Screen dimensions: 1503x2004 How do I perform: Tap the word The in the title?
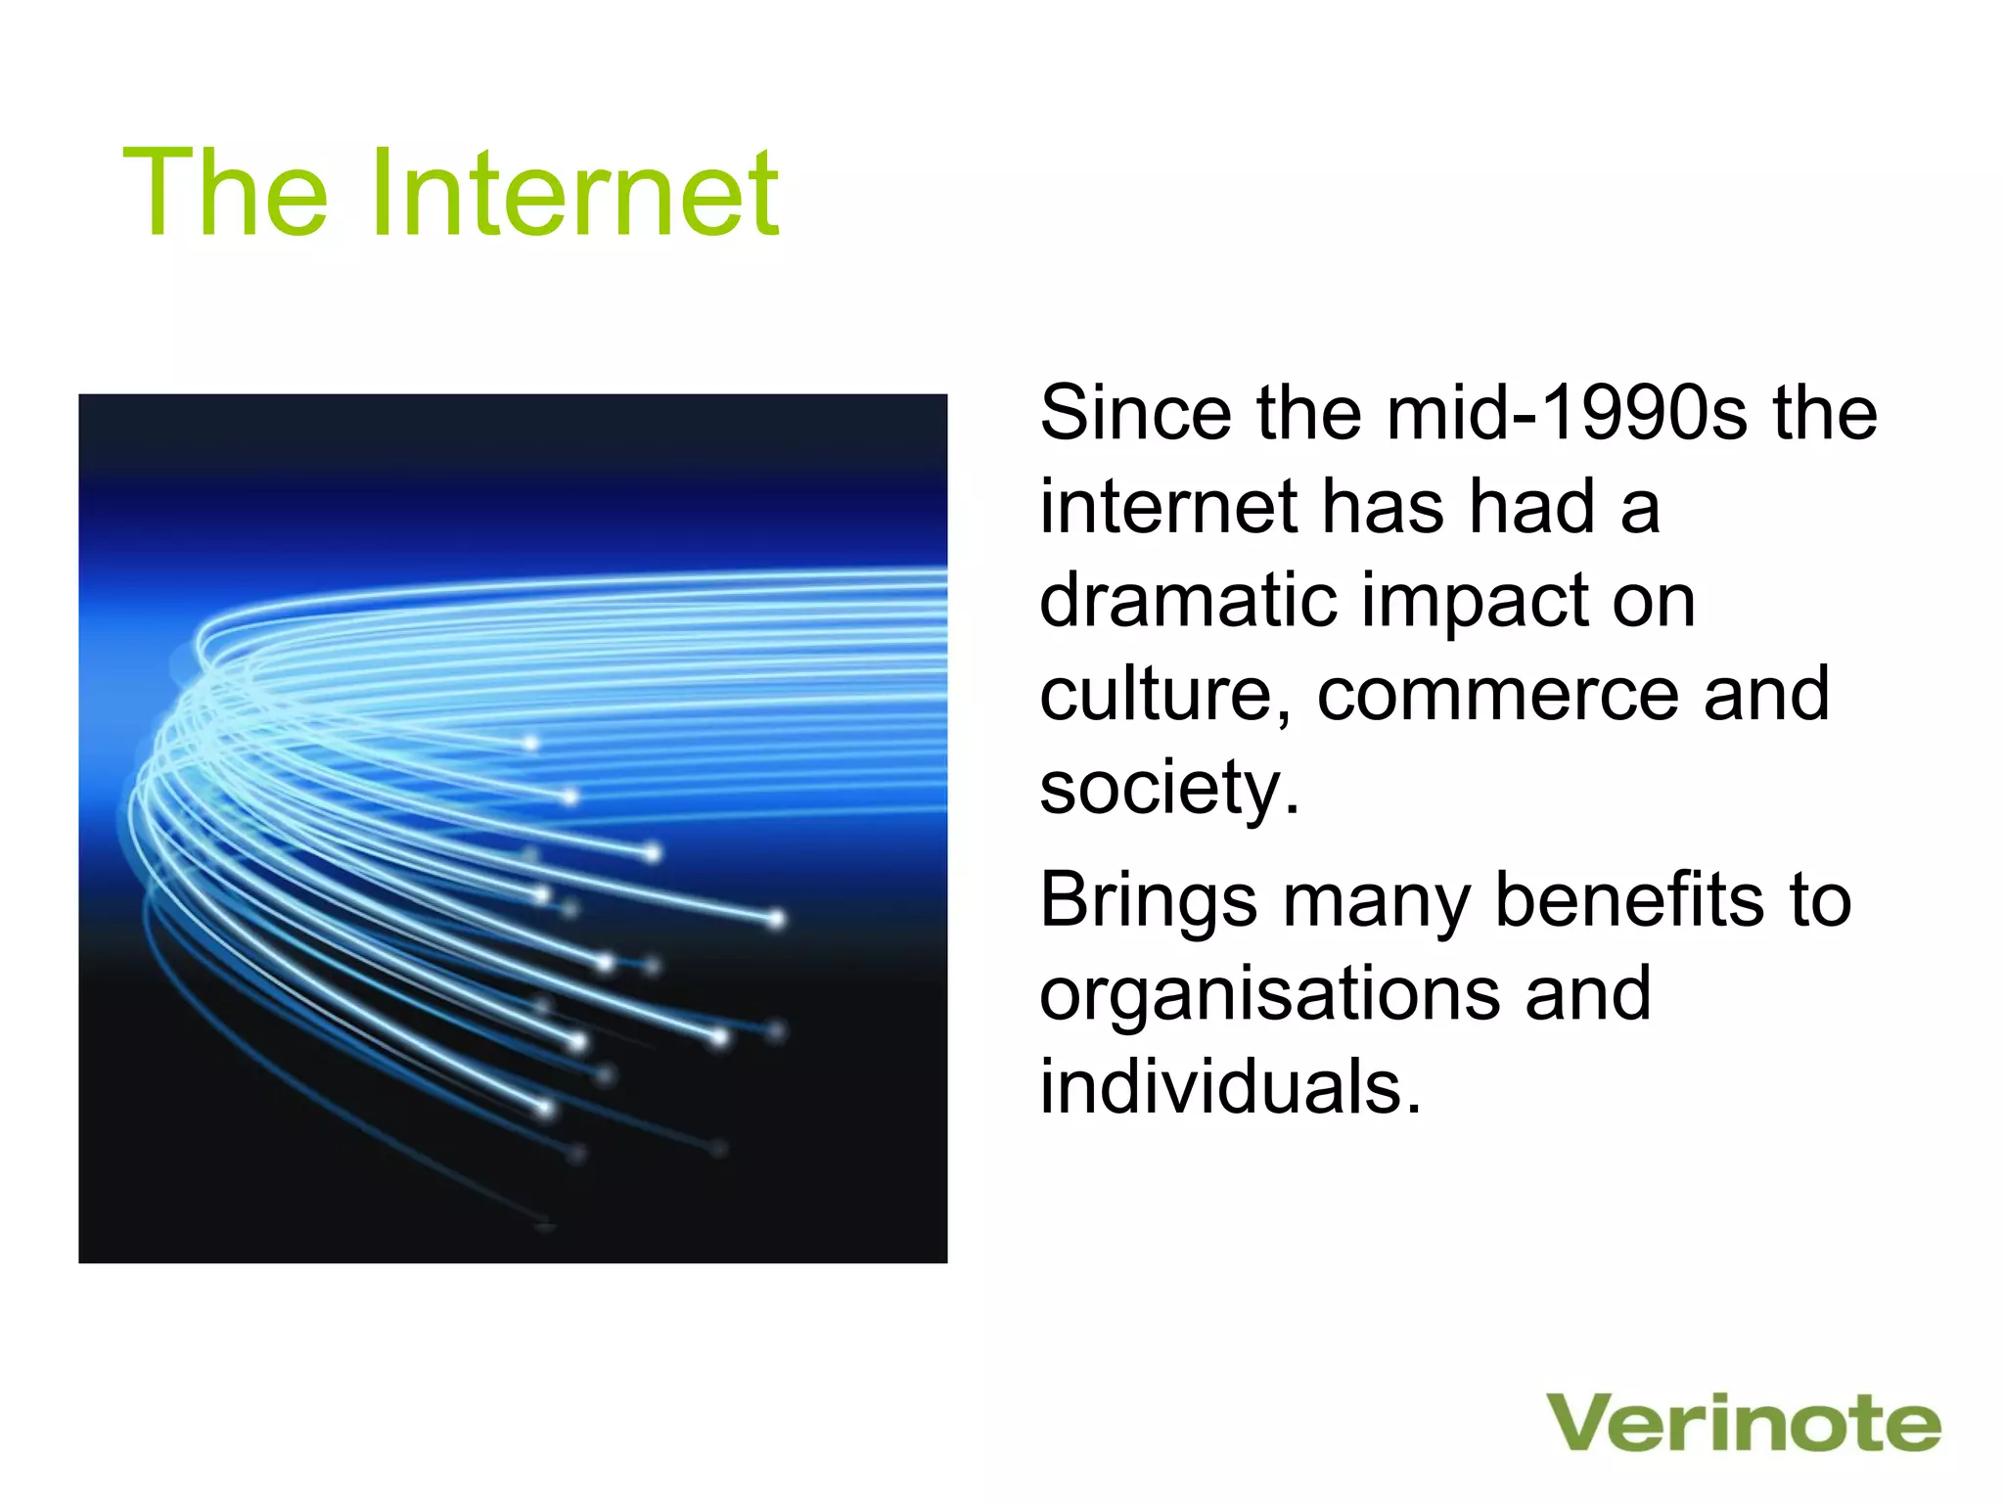tap(225, 193)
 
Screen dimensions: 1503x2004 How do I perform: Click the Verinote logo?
tap(1743, 1424)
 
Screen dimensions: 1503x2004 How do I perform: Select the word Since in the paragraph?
tap(1135, 413)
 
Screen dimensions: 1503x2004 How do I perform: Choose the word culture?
tap(1164, 694)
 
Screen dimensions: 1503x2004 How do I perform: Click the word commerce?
tap(1497, 695)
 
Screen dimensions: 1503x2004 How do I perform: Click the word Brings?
tap(1147, 900)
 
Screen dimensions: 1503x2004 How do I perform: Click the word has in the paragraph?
tap(1383, 507)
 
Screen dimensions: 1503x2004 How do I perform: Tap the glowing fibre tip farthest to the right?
tap(776, 919)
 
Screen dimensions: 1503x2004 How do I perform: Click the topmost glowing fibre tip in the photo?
tap(530, 744)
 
